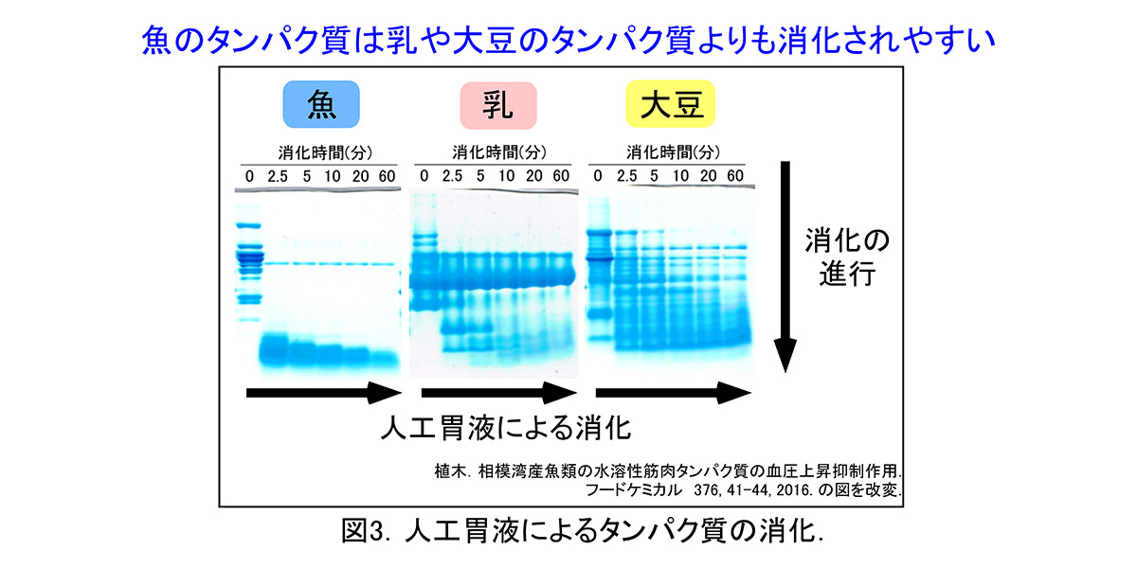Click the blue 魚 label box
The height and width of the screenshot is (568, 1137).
point(320,105)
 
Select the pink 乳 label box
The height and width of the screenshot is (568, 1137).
point(497,105)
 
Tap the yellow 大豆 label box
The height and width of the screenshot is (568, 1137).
point(671,105)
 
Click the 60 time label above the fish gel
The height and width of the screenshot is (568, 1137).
point(388,176)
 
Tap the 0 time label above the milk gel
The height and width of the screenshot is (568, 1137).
point(424,176)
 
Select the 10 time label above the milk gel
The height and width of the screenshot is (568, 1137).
point(507,176)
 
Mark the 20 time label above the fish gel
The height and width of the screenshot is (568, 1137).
point(361,176)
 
